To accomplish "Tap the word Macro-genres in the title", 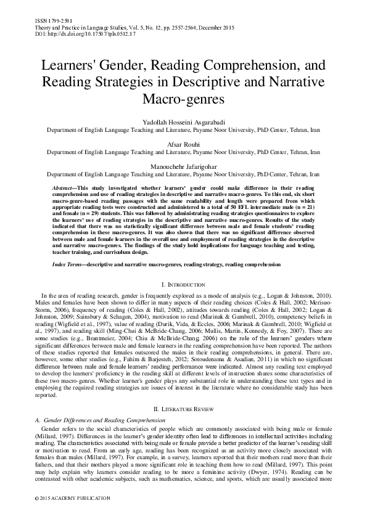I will [x=183, y=99].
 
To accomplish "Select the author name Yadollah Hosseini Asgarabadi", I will [x=183, y=122].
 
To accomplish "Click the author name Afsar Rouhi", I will [x=183, y=143].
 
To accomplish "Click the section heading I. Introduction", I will [x=183, y=285].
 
